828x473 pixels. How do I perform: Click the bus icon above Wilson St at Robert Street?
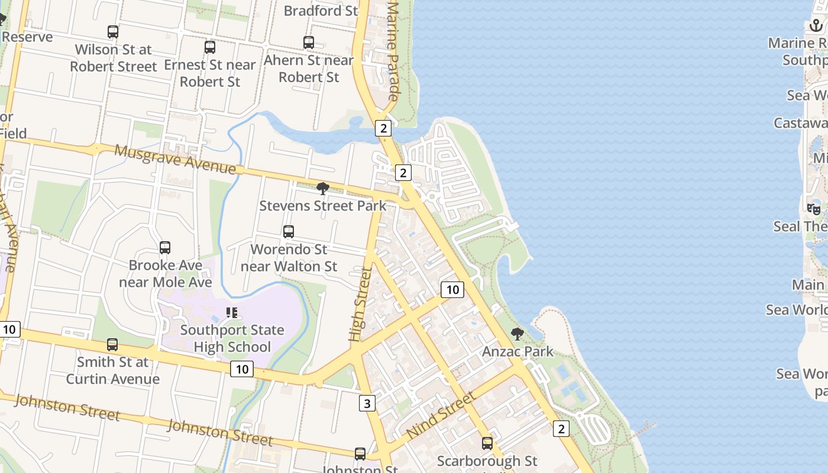pyautogui.click(x=112, y=32)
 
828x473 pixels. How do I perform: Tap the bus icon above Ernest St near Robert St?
pyautogui.click(x=210, y=47)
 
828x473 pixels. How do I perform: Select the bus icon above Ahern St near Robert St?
pyautogui.click(x=309, y=43)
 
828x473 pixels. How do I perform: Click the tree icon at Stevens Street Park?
pyautogui.click(x=323, y=189)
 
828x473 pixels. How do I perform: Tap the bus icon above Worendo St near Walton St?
pyautogui.click(x=289, y=232)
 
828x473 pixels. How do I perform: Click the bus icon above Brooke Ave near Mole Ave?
pyautogui.click(x=165, y=248)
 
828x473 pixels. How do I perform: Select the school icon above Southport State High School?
pyautogui.click(x=232, y=312)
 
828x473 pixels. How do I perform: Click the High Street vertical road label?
pyautogui.click(x=360, y=304)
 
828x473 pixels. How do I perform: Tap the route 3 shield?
pyautogui.click(x=367, y=404)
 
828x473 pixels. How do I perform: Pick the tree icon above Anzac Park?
pyautogui.click(x=517, y=334)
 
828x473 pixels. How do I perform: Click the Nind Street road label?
pyautogui.click(x=441, y=414)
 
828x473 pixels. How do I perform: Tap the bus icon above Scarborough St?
pyautogui.click(x=487, y=443)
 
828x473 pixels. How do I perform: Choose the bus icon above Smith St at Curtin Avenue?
pyautogui.click(x=112, y=344)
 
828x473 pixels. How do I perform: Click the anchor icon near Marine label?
pyautogui.click(x=816, y=25)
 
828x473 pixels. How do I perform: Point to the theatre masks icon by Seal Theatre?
pyautogui.click(x=814, y=209)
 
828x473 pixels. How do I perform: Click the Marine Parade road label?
pyautogui.click(x=393, y=50)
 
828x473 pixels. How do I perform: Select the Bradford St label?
pyautogui.click(x=321, y=11)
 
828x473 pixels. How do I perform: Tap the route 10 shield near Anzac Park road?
pyautogui.click(x=452, y=290)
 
